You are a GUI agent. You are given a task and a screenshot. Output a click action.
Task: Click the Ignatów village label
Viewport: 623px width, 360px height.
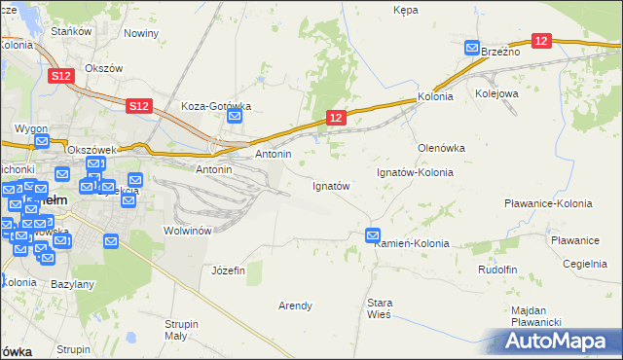(x=330, y=185)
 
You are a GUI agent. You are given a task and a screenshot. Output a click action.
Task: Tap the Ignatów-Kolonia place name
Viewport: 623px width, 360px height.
(x=416, y=172)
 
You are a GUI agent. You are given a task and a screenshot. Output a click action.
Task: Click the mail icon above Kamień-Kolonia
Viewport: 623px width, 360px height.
(x=373, y=234)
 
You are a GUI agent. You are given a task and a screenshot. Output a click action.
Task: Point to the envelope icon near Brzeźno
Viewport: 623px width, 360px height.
(x=472, y=48)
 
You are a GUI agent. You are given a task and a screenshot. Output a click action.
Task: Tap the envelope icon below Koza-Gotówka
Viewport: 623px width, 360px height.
(x=235, y=117)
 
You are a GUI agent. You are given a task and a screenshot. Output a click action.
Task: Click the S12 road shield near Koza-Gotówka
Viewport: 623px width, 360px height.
(x=138, y=105)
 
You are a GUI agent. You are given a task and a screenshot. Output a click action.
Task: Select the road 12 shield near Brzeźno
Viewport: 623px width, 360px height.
(x=542, y=41)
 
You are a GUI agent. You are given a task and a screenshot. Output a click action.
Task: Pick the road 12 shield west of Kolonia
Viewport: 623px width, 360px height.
(x=335, y=118)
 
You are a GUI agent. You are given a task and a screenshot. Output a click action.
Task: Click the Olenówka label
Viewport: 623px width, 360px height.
(x=441, y=148)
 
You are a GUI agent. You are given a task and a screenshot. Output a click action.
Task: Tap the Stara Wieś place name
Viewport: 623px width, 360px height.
(x=380, y=308)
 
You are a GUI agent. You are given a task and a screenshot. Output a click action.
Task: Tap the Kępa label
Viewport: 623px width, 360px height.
(x=405, y=10)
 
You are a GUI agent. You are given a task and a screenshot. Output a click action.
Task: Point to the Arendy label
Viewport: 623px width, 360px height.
(x=295, y=306)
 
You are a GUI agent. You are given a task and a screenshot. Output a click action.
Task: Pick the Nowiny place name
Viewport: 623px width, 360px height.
(x=141, y=33)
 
